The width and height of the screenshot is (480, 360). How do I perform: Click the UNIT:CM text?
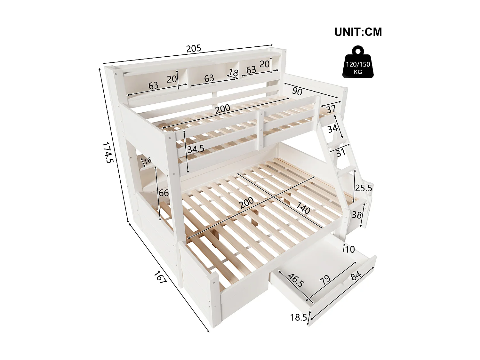click(x=358, y=32)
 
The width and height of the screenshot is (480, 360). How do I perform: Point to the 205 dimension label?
click(x=194, y=49)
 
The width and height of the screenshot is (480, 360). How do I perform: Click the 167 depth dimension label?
click(x=160, y=277)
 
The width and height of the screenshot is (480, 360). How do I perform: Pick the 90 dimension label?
click(x=297, y=92)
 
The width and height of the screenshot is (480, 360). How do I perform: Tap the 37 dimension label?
click(x=331, y=109)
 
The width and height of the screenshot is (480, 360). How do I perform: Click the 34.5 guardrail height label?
click(x=196, y=149)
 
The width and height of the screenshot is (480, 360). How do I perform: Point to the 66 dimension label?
click(x=164, y=193)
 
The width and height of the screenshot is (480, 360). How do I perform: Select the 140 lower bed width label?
click(x=303, y=208)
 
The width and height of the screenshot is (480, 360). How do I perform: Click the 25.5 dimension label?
click(x=364, y=188)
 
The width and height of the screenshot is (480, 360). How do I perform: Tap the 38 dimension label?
click(x=356, y=214)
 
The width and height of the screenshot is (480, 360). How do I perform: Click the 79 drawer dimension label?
click(x=325, y=279)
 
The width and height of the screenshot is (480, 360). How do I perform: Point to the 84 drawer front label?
click(x=356, y=276)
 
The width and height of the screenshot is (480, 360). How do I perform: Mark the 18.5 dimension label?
click(x=298, y=317)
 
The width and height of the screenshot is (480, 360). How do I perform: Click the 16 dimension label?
click(x=147, y=161)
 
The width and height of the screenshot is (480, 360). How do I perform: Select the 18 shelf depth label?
click(x=234, y=73)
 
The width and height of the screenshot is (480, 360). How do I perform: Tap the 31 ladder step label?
click(x=341, y=153)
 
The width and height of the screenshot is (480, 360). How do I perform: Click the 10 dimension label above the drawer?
click(x=350, y=249)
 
